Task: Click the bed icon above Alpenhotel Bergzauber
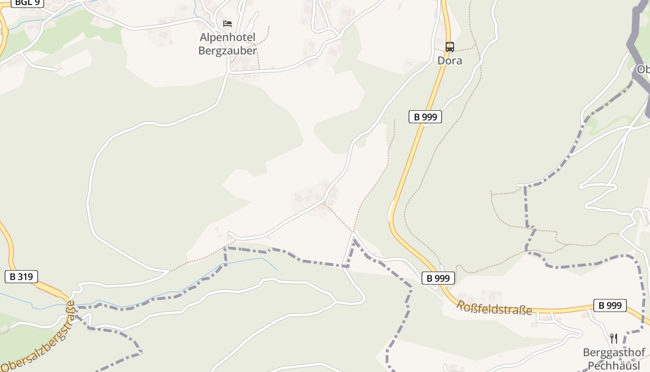[x=227, y=23]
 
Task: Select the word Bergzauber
[x=227, y=51]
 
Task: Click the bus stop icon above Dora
[x=449, y=47]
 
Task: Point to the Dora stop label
[x=449, y=60]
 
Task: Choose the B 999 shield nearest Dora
[x=425, y=117]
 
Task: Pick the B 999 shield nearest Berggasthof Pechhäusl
[x=610, y=306]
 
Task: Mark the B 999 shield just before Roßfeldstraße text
[x=438, y=278]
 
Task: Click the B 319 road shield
[x=21, y=277]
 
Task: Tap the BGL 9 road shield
[x=27, y=2]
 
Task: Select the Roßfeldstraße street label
[x=494, y=308]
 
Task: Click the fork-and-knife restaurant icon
[x=614, y=338]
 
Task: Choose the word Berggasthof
[x=614, y=352]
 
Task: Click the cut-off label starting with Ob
[x=643, y=70]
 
